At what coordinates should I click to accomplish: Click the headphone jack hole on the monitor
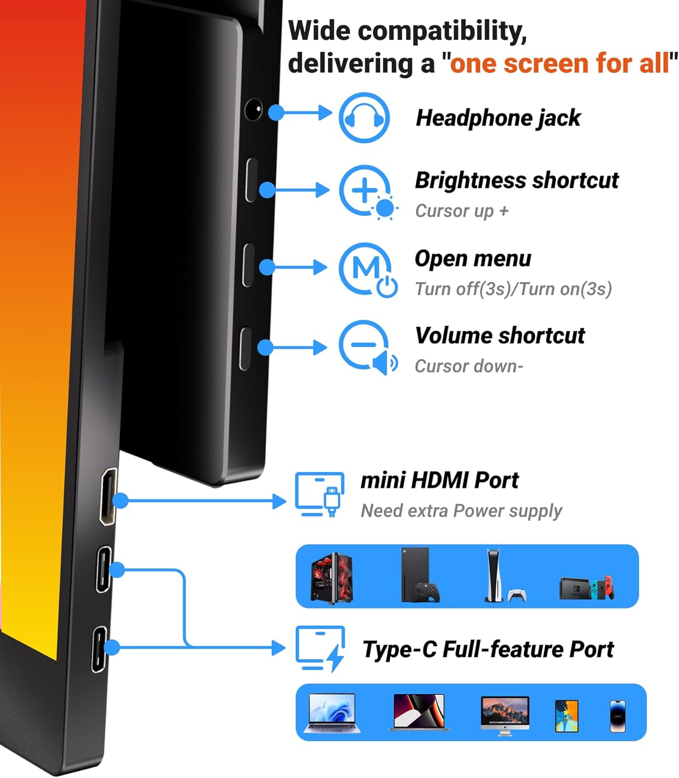(253, 110)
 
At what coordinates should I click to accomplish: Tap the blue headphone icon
(364, 118)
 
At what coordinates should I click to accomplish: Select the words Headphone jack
(498, 118)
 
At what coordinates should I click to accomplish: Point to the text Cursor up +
(462, 211)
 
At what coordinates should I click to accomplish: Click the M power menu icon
(368, 269)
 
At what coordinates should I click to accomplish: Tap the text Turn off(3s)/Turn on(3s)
(513, 289)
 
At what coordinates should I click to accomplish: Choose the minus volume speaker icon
(367, 346)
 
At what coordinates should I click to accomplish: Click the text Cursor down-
(468, 366)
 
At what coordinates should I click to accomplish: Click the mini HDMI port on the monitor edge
(108, 496)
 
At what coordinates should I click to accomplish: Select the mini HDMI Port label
(439, 480)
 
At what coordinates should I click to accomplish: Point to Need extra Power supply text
(461, 511)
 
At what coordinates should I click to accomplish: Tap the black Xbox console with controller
(420, 575)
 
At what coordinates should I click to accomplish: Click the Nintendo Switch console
(586, 588)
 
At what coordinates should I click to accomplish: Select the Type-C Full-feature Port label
(488, 649)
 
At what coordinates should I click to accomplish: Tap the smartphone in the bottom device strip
(617, 716)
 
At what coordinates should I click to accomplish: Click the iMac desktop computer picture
(505, 715)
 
